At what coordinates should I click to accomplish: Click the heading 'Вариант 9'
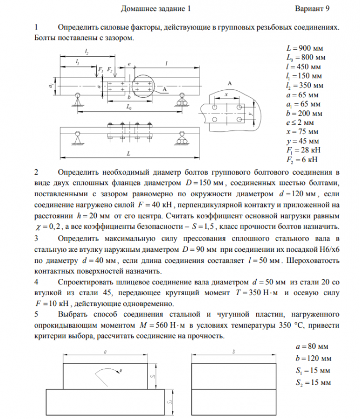(x=312, y=9)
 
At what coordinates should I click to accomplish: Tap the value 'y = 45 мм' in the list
(x=302, y=141)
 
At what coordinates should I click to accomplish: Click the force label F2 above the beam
(x=110, y=70)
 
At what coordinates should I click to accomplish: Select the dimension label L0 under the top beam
(x=129, y=108)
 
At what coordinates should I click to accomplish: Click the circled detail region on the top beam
(x=142, y=85)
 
